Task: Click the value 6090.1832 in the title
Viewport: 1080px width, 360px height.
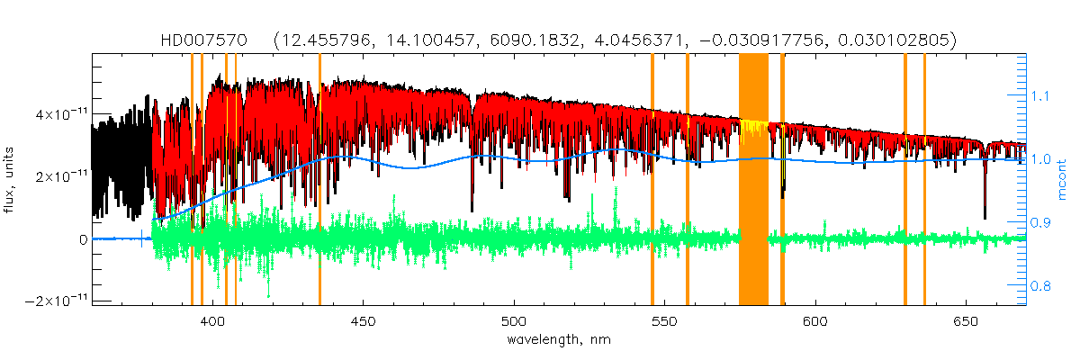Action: [x=561, y=40]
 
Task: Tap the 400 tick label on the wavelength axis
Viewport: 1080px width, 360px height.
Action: [x=213, y=322]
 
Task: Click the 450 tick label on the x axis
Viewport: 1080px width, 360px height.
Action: [x=364, y=322]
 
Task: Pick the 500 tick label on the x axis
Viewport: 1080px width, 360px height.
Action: [x=514, y=322]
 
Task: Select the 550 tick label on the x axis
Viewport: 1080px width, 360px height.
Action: [x=664, y=322]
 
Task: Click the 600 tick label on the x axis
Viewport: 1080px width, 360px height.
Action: [x=814, y=322]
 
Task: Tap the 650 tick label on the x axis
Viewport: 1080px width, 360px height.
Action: [x=965, y=322]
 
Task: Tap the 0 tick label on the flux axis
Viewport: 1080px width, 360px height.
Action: [x=82, y=239]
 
